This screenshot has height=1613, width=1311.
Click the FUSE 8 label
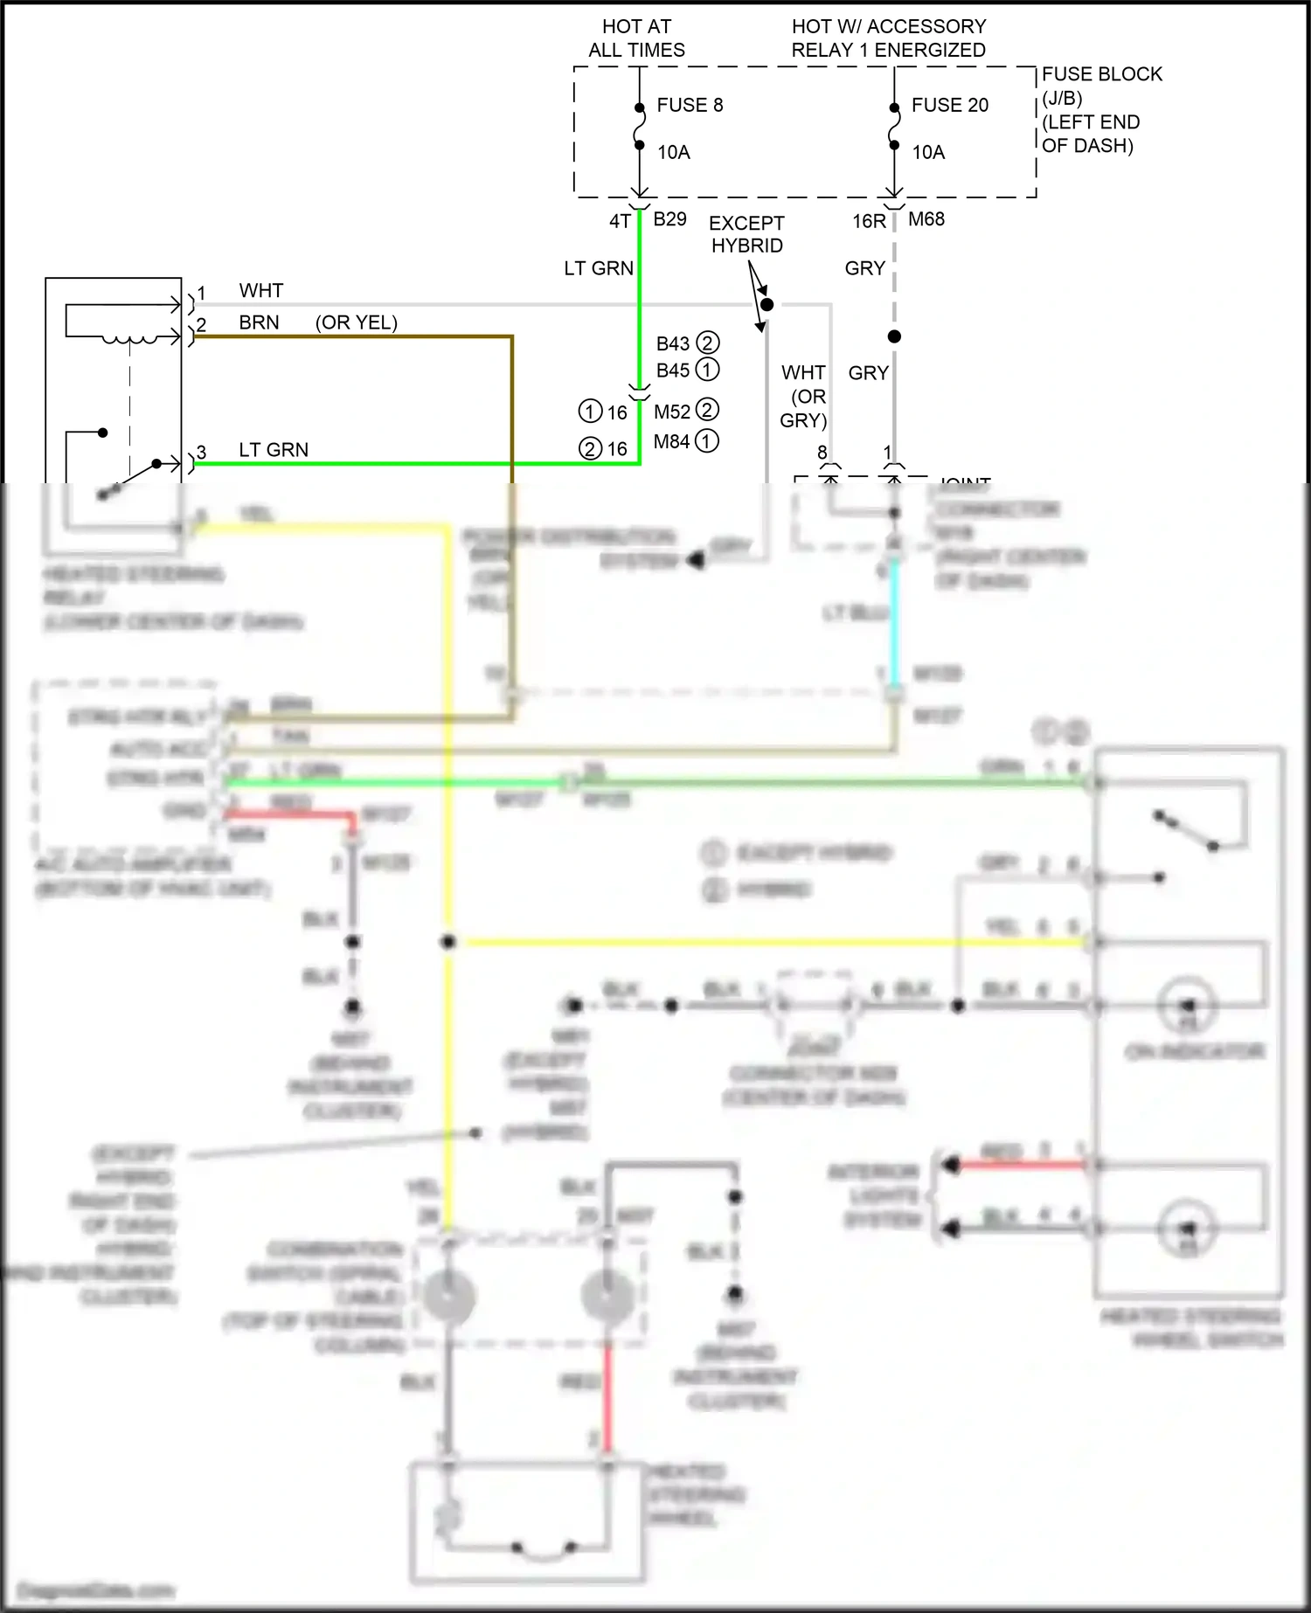(690, 105)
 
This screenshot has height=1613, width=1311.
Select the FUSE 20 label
(949, 105)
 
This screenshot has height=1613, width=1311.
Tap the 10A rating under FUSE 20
(928, 152)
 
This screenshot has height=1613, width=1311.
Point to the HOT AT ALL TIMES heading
(636, 38)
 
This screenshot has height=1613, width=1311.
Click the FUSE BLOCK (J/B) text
(1101, 86)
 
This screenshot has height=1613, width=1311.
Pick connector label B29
(669, 218)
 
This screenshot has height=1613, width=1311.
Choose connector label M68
(926, 219)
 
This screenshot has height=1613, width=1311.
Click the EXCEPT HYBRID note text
(746, 234)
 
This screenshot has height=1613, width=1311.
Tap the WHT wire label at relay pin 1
(260, 290)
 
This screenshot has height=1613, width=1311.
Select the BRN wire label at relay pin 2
(259, 322)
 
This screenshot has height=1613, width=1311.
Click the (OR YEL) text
(356, 322)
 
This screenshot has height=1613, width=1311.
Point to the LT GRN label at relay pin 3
(274, 449)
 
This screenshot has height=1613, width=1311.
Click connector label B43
(673, 343)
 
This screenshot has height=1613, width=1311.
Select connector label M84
(671, 441)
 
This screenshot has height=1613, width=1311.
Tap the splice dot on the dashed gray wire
(894, 336)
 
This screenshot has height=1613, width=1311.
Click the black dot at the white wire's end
(766, 305)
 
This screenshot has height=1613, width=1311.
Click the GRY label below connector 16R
(864, 268)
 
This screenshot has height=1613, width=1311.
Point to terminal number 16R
(869, 221)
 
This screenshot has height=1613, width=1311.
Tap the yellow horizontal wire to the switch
(769, 942)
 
